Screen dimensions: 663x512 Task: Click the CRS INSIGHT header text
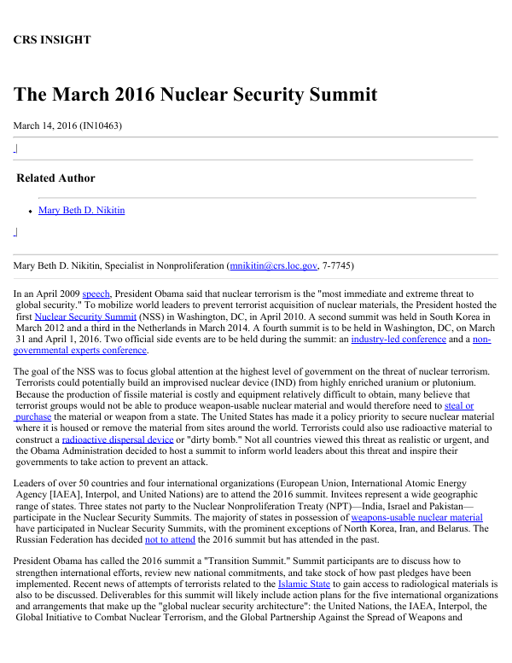[52, 39]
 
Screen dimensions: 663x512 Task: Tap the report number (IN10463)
[101, 125]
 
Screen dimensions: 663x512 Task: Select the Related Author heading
[55, 178]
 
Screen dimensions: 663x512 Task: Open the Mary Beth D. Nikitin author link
[81, 210]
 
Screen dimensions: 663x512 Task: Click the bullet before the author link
[30, 211]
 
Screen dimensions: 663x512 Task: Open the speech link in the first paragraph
[96, 293]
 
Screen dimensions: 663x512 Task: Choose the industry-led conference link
[399, 339]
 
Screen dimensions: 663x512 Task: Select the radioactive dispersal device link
[118, 439]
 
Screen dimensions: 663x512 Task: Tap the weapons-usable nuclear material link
[416, 517]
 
